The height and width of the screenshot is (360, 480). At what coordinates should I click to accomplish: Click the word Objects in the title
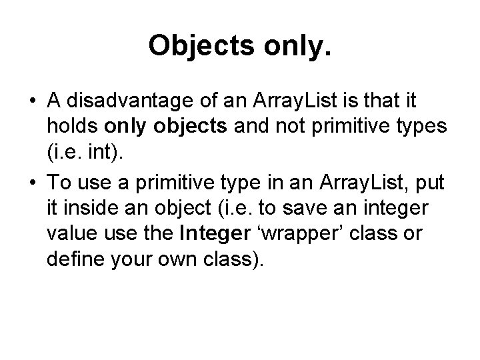pyautogui.click(x=193, y=45)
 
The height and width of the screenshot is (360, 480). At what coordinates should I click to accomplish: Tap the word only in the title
pyautogui.click(x=287, y=45)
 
